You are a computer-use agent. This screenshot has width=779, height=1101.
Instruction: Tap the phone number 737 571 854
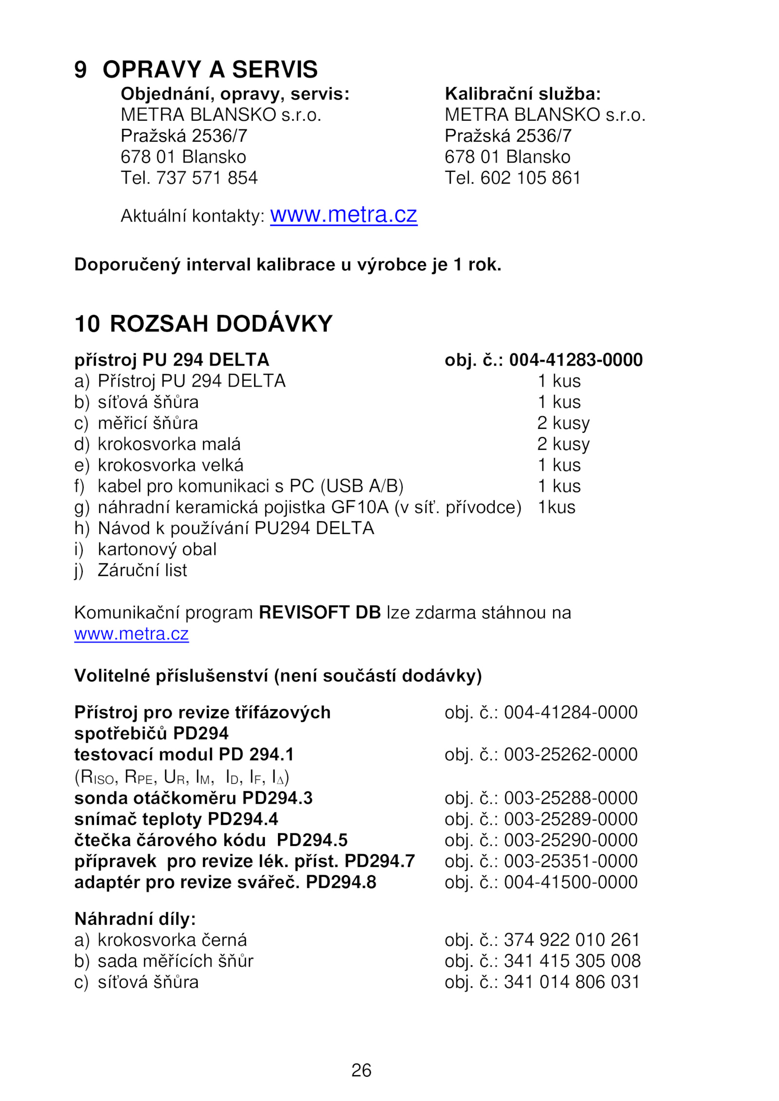pos(206,178)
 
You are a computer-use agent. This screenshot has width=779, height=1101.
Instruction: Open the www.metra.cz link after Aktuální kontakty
pos(343,215)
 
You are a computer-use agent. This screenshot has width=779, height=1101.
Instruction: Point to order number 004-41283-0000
pos(575,360)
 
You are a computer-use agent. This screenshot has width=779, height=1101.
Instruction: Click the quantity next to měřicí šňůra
pos(563,423)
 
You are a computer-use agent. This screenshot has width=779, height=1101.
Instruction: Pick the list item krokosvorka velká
pos(170,465)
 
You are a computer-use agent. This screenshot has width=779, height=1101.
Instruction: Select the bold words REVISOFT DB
pos(319,612)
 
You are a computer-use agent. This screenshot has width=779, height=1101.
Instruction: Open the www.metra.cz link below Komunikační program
pos(131,634)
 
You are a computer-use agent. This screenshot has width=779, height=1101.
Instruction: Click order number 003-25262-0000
pos(570,754)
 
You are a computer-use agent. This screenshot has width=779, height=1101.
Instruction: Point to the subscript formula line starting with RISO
pos(182,777)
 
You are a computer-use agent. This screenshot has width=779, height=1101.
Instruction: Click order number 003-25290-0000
pos(570,840)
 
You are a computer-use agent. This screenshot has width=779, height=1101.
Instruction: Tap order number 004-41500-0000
pos(570,882)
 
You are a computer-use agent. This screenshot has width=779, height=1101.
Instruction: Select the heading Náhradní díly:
pos(135,919)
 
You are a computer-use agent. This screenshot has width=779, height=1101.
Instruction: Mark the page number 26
pos(361,1070)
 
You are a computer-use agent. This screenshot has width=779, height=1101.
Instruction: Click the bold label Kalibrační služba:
pos(522,94)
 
